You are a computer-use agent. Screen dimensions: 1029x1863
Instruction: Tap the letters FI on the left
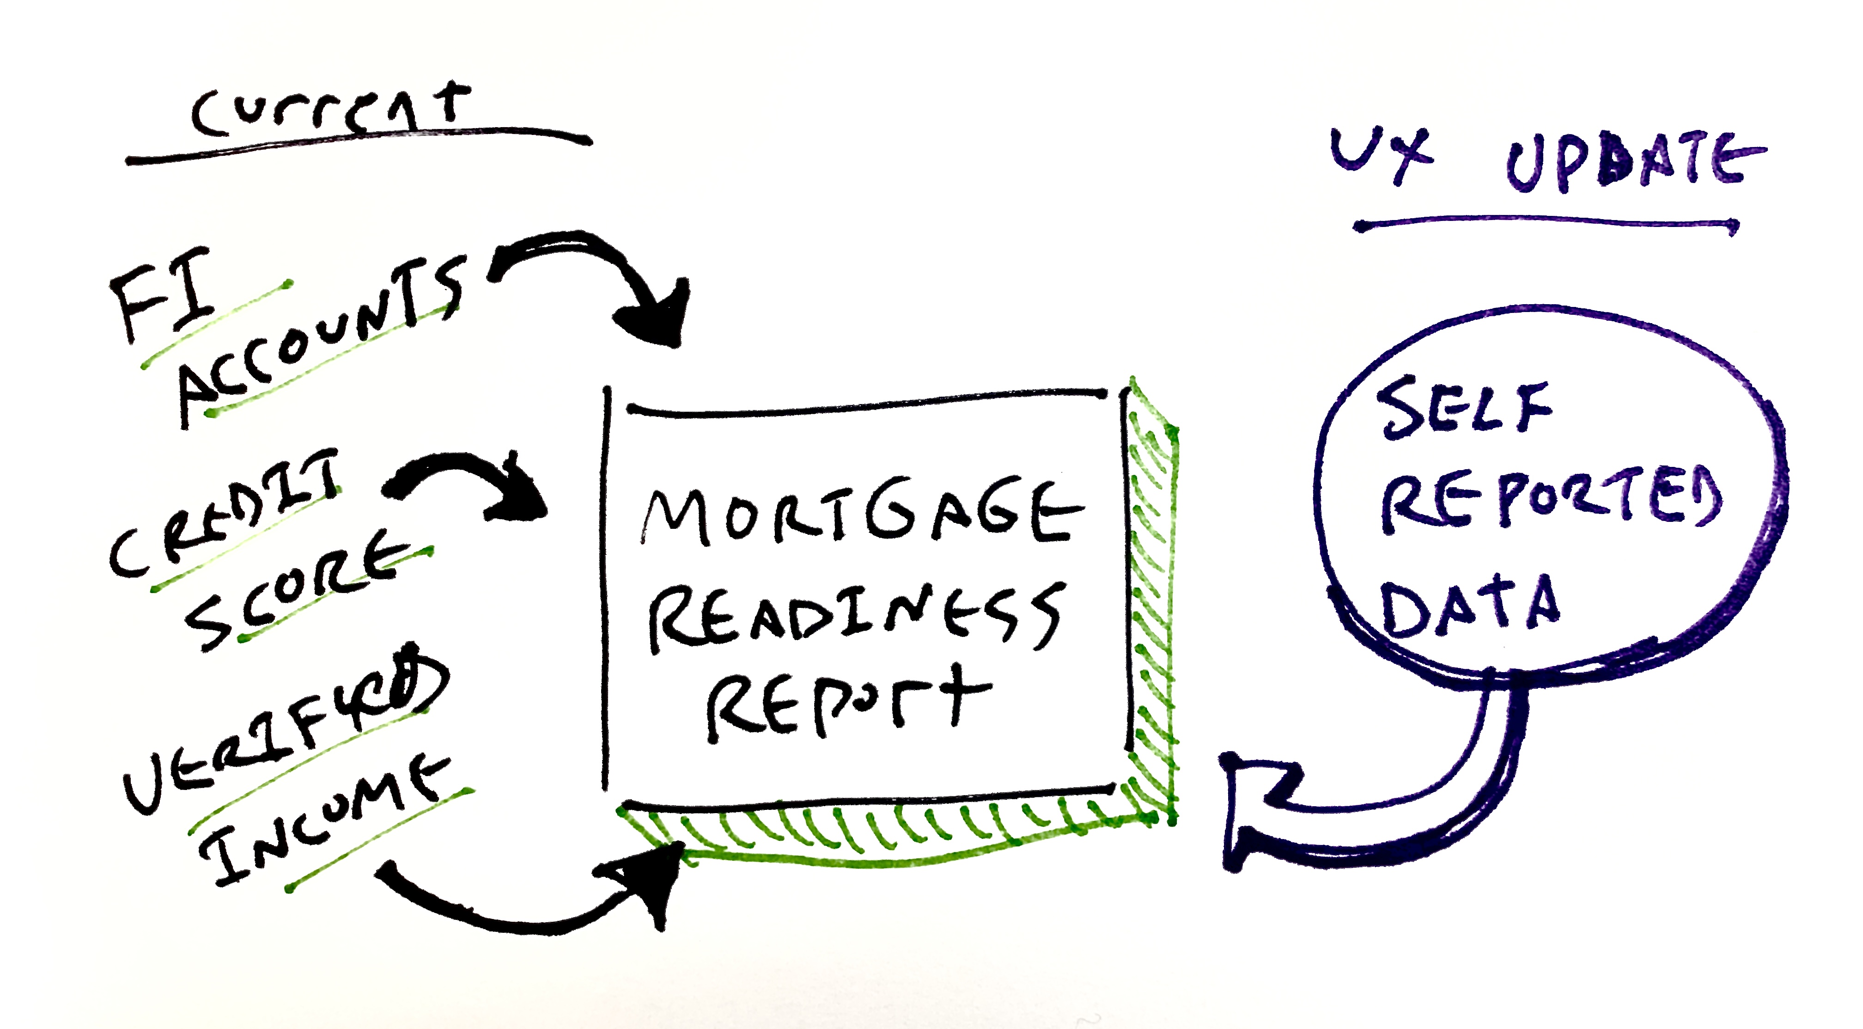[x=163, y=293]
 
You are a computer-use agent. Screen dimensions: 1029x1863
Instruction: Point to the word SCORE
[x=297, y=590]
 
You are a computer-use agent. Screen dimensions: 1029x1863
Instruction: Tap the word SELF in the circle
[x=1465, y=409]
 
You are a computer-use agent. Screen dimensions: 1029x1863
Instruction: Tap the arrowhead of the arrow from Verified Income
[x=644, y=879]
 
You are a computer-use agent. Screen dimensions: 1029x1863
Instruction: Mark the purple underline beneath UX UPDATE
[x=1544, y=224]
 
